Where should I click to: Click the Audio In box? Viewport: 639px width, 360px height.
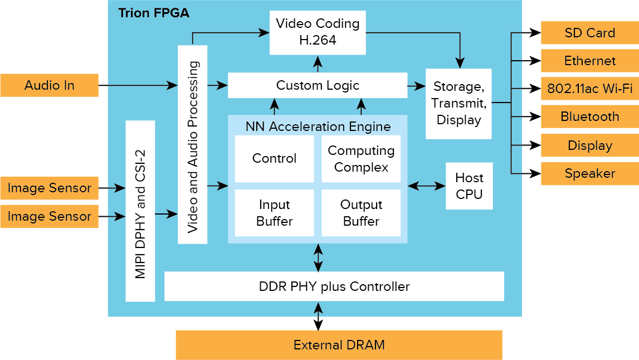[49, 85]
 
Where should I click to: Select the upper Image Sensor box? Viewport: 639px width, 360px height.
[49, 188]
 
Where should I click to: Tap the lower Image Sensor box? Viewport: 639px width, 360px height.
[49, 216]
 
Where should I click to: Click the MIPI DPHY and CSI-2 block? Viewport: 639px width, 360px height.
[140, 211]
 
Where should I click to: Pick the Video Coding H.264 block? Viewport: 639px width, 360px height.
[318, 32]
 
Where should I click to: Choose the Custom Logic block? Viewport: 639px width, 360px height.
[318, 85]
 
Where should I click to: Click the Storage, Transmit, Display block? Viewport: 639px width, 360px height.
[458, 103]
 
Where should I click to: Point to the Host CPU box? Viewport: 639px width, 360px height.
[469, 186]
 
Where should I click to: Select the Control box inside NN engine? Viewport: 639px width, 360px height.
[274, 158]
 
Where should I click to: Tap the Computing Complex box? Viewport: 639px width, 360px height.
[361, 158]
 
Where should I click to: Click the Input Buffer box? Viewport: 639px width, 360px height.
[274, 213]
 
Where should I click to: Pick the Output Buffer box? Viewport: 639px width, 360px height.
[361, 213]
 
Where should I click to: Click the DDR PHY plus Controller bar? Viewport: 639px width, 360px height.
[334, 286]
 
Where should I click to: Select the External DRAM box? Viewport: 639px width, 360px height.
[339, 345]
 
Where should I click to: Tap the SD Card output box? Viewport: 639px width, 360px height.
[589, 33]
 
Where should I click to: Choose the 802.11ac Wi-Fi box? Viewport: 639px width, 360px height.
[589, 89]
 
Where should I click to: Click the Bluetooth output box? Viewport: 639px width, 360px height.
[589, 116]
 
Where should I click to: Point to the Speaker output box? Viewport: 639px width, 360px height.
[589, 173]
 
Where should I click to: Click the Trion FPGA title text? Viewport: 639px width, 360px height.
[154, 13]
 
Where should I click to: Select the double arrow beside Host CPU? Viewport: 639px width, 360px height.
[426, 186]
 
